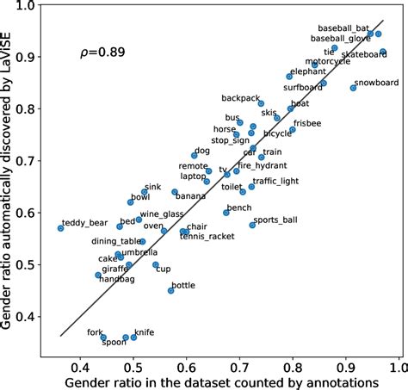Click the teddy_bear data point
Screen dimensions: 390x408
[60, 228]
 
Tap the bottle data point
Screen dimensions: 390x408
[171, 291]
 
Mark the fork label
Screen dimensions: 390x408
[96, 331]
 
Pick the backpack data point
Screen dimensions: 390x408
[262, 103]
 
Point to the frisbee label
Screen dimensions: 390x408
[307, 124]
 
